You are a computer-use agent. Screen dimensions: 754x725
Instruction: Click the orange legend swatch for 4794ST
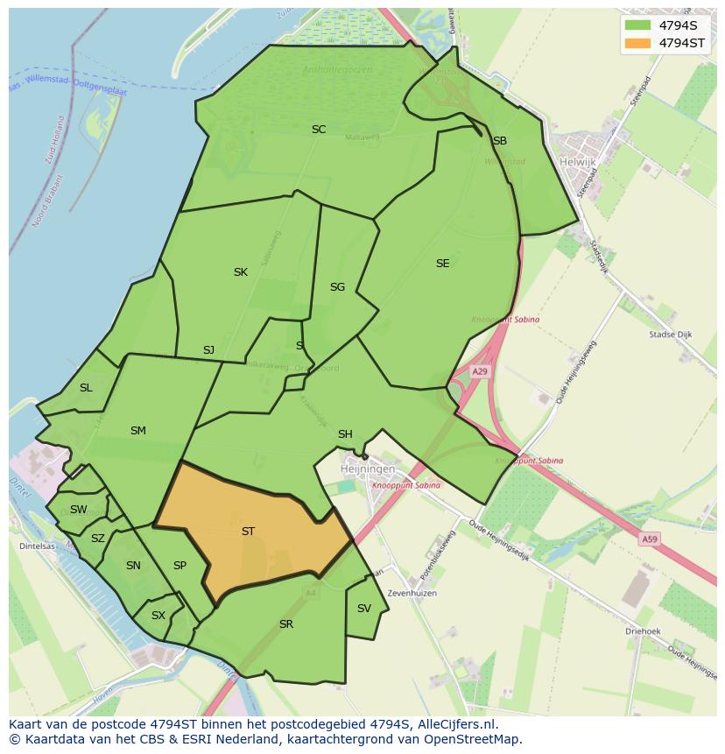tap(638, 43)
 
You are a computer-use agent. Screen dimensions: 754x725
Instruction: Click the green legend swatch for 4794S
tap(638, 25)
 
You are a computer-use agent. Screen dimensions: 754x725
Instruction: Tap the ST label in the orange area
tap(248, 531)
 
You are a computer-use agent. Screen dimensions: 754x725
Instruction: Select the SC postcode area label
tap(319, 130)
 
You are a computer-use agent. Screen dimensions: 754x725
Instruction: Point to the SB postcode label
tap(499, 140)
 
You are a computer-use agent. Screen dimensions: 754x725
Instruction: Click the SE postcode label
tap(442, 263)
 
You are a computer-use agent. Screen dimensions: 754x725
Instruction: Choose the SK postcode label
tap(240, 272)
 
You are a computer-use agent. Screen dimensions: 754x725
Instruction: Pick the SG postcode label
tap(337, 286)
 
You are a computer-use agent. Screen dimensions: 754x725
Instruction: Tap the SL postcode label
tap(86, 388)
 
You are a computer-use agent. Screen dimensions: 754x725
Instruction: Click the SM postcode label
tap(137, 430)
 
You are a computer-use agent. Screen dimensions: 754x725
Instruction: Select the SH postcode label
tap(345, 434)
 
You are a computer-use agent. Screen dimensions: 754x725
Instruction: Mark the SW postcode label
tap(78, 510)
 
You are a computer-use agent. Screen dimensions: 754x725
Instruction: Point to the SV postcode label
tap(363, 608)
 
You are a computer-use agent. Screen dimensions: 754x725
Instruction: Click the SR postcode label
tap(285, 624)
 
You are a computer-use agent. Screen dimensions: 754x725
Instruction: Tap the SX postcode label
tap(158, 616)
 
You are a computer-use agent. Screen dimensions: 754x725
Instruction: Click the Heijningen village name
tap(368, 469)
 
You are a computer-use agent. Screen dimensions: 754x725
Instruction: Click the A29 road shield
tap(480, 371)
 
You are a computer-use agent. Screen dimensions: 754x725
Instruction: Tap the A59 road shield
tap(649, 539)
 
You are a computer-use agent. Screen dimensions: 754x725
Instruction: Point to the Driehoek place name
tap(643, 631)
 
